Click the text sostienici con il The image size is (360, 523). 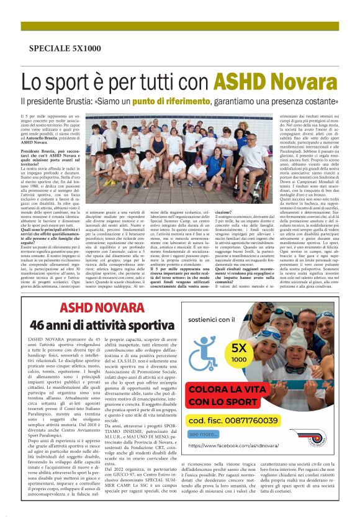218,319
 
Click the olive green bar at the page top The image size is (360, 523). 180,26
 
